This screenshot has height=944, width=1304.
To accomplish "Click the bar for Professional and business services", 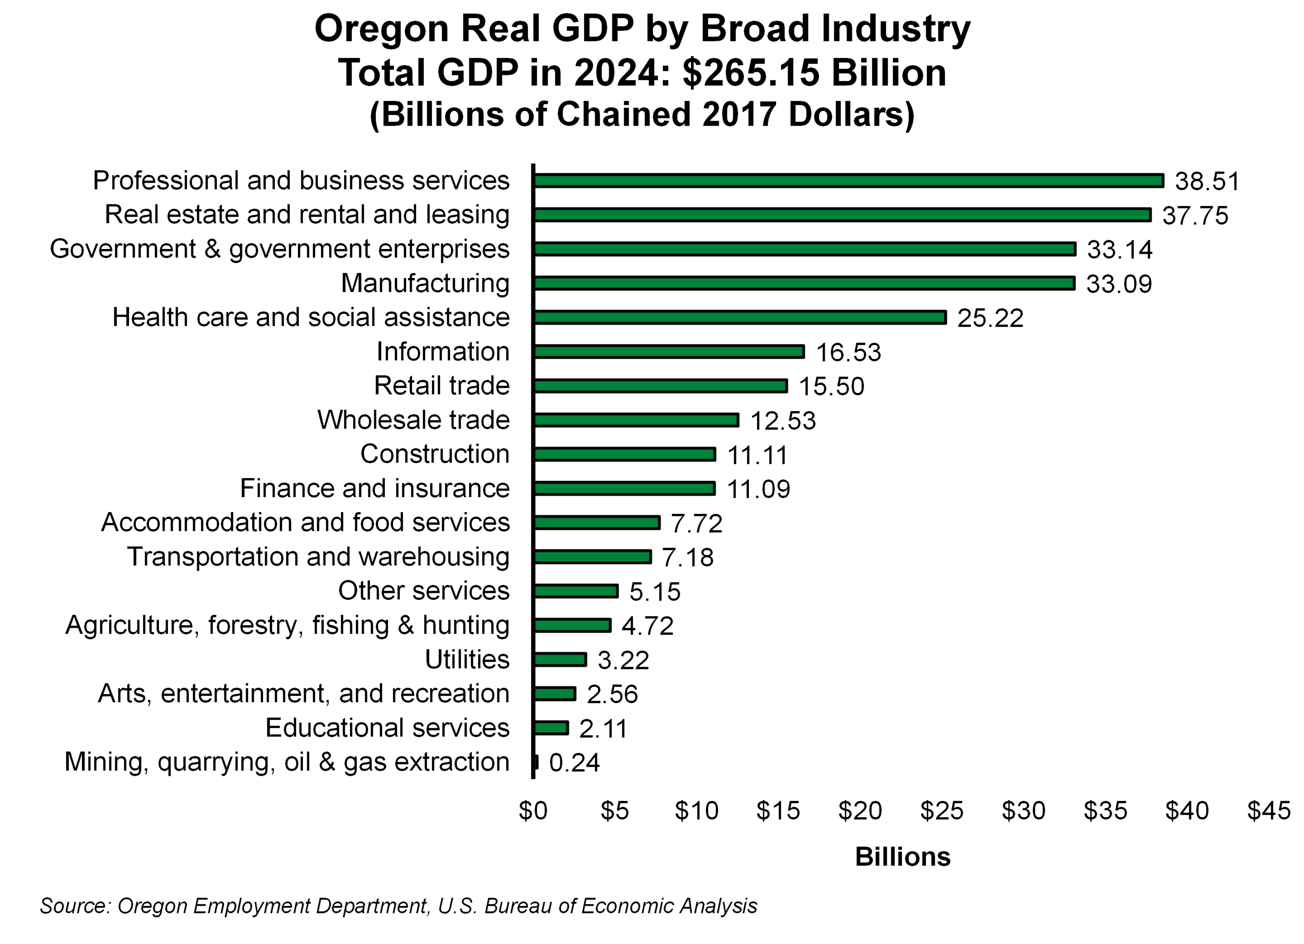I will (x=848, y=181).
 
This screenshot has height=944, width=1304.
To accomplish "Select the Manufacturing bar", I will (x=804, y=283).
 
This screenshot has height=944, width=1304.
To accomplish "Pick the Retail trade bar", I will (x=660, y=386).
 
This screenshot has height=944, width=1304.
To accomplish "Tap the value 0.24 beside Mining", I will (x=574, y=763).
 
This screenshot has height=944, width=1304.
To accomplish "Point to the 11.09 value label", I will (x=758, y=489).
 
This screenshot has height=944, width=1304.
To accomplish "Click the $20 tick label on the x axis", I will (x=860, y=811).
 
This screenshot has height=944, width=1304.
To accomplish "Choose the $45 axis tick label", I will (x=1268, y=811).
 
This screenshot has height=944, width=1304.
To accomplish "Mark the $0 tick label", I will (x=532, y=811).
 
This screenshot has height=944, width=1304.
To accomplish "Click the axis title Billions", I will (x=902, y=857).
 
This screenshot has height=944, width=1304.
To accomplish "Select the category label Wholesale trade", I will (x=413, y=420).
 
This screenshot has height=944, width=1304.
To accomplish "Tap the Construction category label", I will (x=435, y=454).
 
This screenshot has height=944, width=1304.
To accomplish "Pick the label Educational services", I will (x=387, y=728).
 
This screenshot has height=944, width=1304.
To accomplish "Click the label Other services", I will (x=424, y=591).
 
